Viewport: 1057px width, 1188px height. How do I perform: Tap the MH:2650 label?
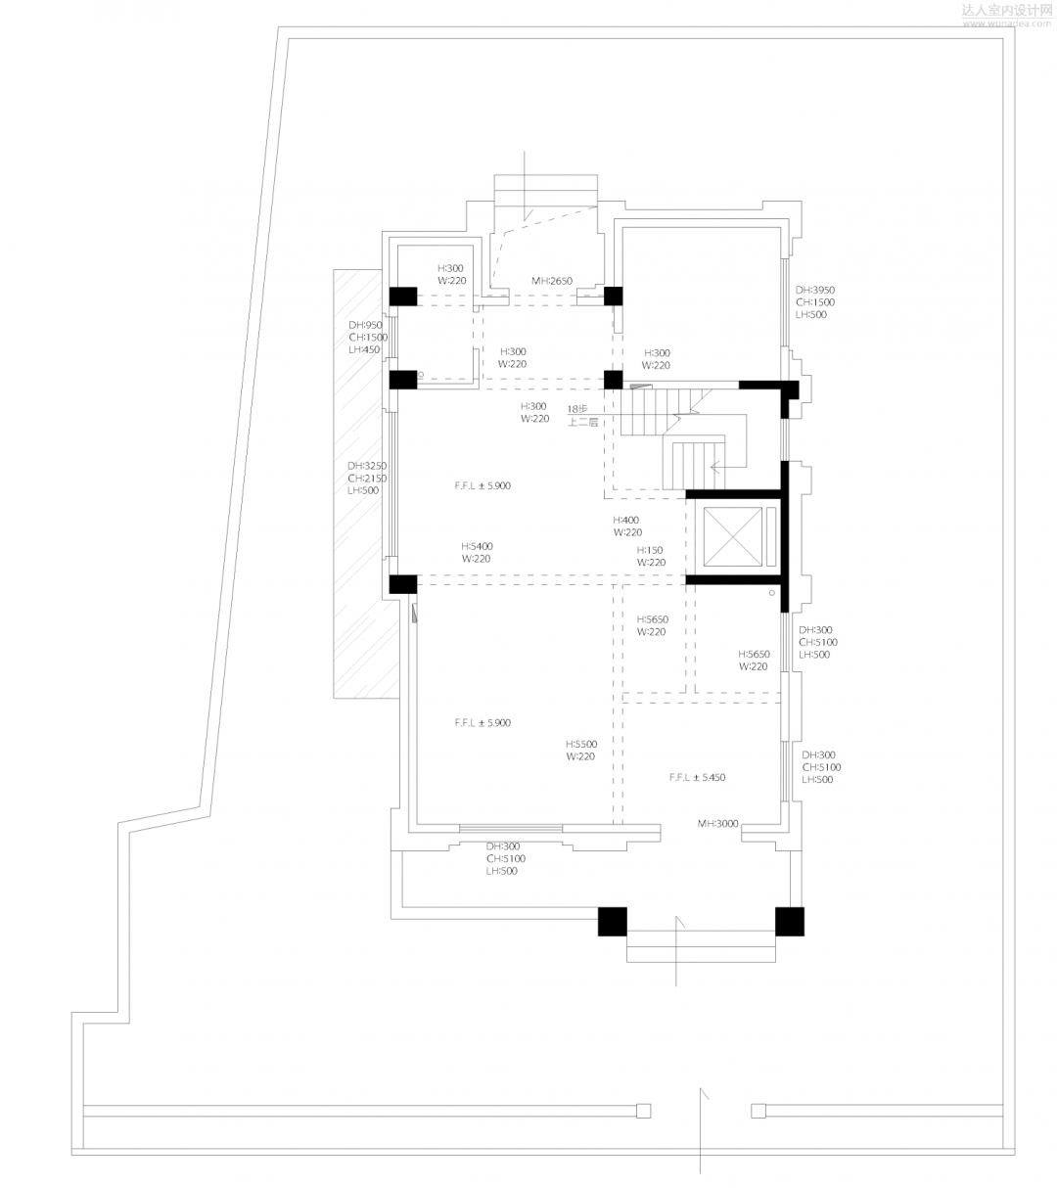[552, 281]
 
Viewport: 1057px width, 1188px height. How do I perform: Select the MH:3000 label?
[717, 824]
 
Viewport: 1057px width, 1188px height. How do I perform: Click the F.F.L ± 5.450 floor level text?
[697, 777]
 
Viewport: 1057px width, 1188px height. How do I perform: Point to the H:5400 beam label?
[477, 552]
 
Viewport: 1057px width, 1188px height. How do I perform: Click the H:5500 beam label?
[580, 750]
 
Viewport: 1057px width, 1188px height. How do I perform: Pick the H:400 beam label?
[627, 526]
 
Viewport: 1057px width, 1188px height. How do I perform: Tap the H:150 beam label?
[651, 557]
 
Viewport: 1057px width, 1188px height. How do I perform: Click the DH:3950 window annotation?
[814, 302]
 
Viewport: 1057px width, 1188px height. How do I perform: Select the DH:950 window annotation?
[368, 337]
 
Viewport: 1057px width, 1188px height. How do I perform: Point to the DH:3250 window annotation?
[367, 478]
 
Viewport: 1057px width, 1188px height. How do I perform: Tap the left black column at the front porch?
[613, 922]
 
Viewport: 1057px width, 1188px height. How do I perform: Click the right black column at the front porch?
[789, 922]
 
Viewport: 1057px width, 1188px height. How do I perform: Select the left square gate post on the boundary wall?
[643, 1110]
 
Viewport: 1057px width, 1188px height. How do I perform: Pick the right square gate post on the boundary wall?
[758, 1110]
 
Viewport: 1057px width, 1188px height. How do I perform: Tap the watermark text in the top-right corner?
[1006, 14]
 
